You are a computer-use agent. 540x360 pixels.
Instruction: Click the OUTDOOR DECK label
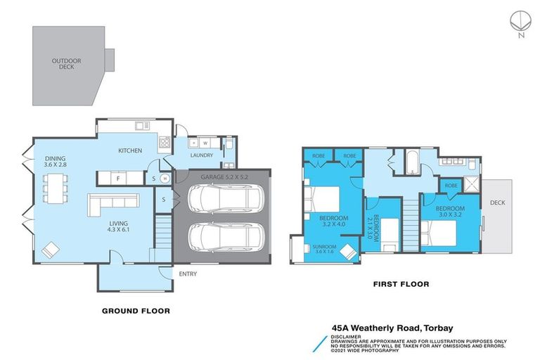click(x=67, y=64)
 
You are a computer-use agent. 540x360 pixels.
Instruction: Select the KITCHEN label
click(x=130, y=150)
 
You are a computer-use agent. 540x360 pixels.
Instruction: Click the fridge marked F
click(x=118, y=178)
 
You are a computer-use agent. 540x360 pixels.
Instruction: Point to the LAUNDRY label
click(x=201, y=155)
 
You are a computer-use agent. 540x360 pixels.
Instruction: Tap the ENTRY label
click(x=188, y=274)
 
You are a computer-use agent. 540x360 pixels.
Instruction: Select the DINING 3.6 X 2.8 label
click(x=57, y=161)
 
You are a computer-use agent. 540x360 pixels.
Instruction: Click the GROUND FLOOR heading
click(x=136, y=310)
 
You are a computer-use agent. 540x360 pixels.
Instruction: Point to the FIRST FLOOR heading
click(x=401, y=284)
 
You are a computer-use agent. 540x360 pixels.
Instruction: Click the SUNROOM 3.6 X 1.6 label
click(x=324, y=250)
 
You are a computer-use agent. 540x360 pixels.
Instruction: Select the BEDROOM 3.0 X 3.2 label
click(x=450, y=213)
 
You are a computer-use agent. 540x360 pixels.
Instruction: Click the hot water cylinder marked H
click(x=165, y=179)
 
